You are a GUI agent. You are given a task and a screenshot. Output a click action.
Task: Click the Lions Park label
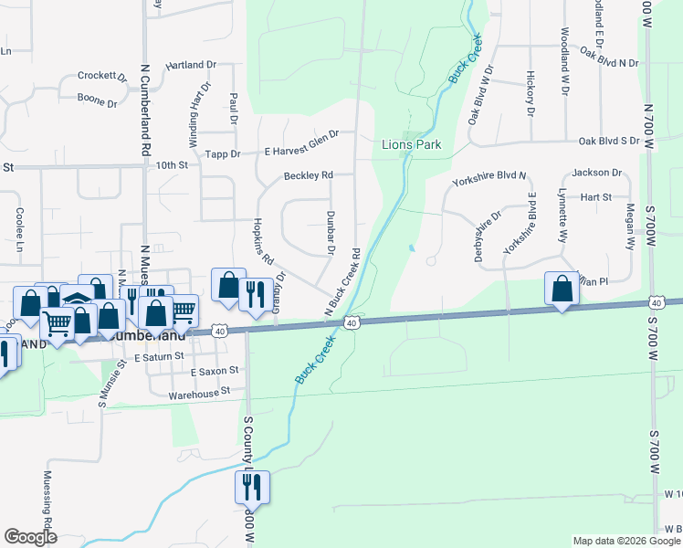pos(410,144)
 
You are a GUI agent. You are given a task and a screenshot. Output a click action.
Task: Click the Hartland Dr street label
pos(190,66)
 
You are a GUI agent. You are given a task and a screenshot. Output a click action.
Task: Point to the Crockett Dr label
pos(102,76)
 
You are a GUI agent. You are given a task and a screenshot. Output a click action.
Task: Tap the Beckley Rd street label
pos(307,175)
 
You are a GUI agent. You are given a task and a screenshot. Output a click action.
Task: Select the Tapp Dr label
pos(223,154)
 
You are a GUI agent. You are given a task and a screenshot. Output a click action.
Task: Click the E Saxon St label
pos(214,372)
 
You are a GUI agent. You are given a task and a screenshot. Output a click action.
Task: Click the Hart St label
pos(595,196)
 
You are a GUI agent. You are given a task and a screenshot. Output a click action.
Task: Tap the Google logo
pos(30,537)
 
